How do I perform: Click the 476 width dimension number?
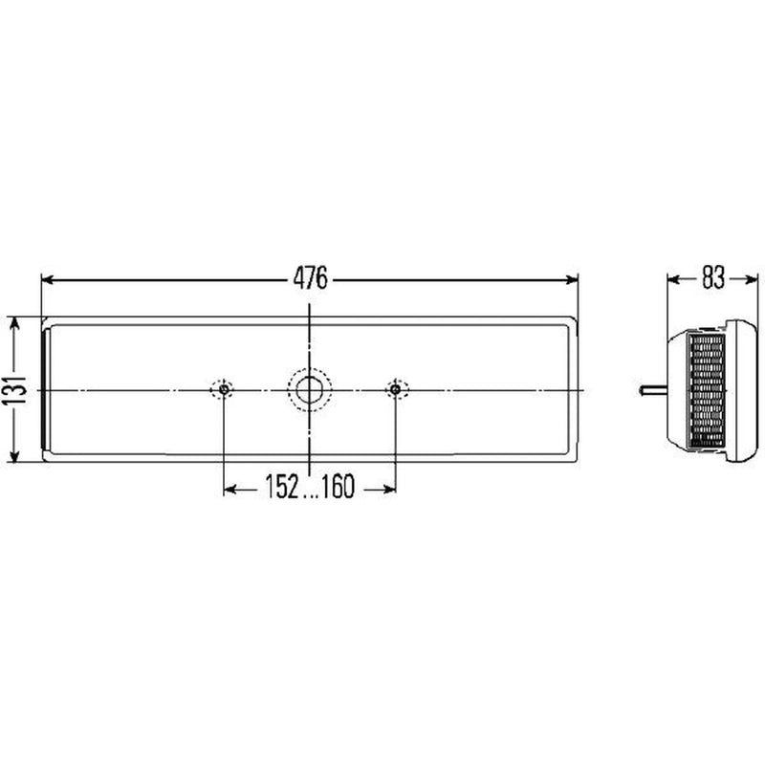click(310, 278)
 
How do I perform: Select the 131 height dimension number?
click(13, 389)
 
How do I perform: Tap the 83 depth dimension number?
click(713, 278)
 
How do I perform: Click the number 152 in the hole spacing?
click(282, 487)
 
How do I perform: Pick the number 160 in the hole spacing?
click(338, 487)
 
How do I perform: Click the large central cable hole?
click(309, 390)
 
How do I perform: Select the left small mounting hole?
click(224, 390)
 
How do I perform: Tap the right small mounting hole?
click(396, 390)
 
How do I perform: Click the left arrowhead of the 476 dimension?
click(48, 280)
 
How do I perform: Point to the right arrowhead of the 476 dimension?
click(572, 280)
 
